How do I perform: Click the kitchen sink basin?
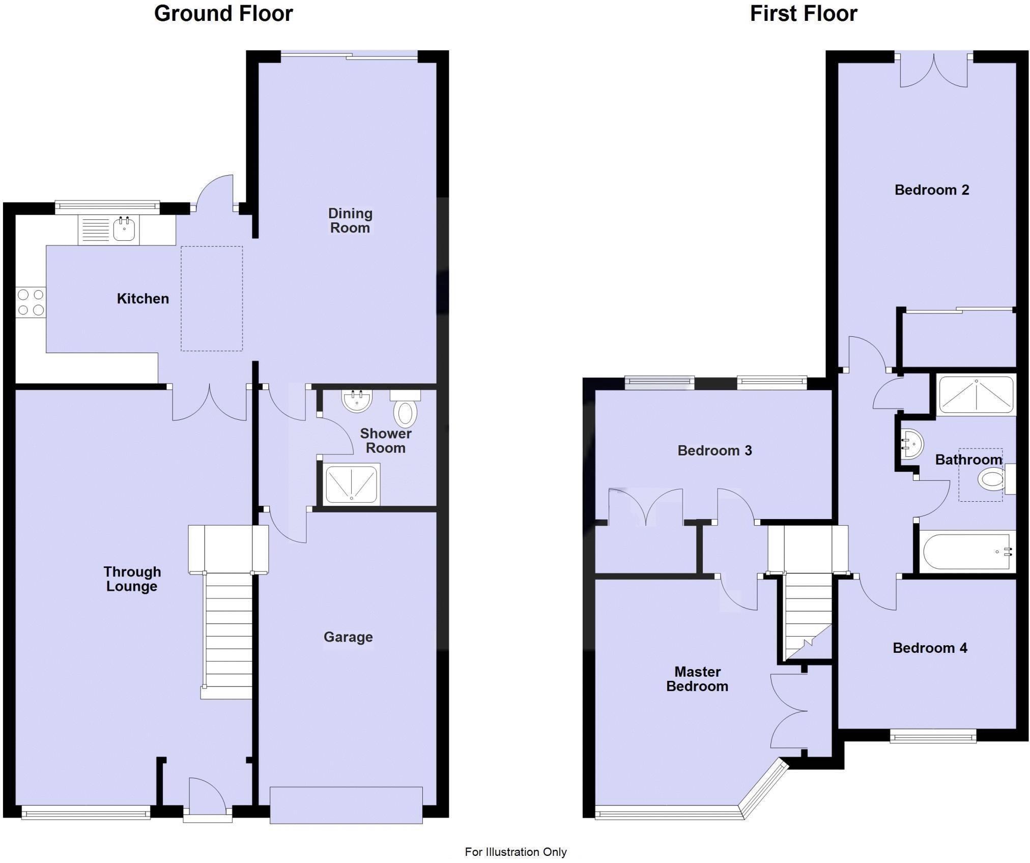[x=124, y=230]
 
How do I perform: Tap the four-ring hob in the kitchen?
[x=31, y=302]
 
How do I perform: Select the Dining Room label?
[x=350, y=221]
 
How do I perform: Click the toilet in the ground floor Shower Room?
[x=405, y=413]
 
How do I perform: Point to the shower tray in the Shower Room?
[x=352, y=484]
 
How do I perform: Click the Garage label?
[x=348, y=637]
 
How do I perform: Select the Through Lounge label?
[x=132, y=579]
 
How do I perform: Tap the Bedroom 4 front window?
[x=933, y=736]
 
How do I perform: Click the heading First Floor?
[x=803, y=14]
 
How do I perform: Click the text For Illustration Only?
[x=515, y=852]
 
